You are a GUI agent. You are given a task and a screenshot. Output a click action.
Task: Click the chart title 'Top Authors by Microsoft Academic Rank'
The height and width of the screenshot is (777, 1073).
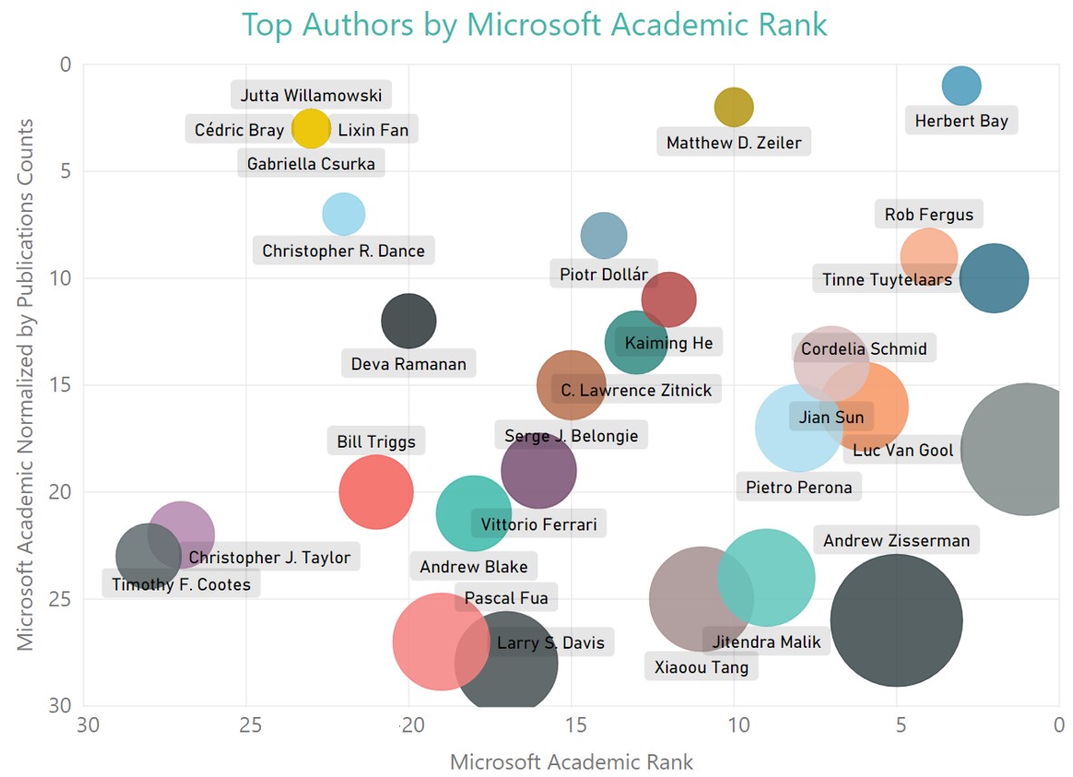pos(535,25)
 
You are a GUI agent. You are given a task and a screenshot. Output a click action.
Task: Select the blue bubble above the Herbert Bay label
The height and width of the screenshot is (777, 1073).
pos(961,86)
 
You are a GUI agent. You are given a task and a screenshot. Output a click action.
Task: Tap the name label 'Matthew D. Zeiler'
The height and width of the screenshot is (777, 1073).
pos(734,143)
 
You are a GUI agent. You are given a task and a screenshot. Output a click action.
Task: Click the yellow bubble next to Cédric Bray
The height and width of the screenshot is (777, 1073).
pos(311,128)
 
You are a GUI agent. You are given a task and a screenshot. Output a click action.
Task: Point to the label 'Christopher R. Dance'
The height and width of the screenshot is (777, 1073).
pos(343,250)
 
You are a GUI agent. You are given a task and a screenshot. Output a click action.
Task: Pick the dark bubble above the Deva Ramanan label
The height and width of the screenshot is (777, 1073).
pos(408,321)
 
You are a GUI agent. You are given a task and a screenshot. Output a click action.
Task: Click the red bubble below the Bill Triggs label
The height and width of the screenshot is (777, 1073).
pos(376,492)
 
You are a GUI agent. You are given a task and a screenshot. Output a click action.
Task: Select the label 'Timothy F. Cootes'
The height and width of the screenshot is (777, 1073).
pos(181,584)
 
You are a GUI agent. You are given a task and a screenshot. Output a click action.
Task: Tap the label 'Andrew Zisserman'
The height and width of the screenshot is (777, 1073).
pos(896,540)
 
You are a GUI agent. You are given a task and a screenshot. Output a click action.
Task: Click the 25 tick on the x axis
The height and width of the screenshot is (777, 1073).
pos(246,725)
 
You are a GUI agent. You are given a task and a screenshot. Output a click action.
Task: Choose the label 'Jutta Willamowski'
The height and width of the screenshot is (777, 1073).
pos(310,95)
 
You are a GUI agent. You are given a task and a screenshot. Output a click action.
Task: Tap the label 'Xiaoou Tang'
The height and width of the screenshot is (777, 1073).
pos(701,667)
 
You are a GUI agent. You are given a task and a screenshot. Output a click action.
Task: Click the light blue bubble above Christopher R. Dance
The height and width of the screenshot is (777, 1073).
pos(344,214)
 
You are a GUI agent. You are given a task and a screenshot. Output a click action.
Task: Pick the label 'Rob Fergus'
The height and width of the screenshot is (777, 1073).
pos(928,215)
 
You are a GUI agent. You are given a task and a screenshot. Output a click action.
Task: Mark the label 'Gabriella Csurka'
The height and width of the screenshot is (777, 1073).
pos(311,164)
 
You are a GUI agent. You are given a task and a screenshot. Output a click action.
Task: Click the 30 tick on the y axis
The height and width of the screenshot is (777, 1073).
pos(64,706)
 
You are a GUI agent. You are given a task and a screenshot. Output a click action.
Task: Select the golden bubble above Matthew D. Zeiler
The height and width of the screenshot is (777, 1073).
pos(734,106)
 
